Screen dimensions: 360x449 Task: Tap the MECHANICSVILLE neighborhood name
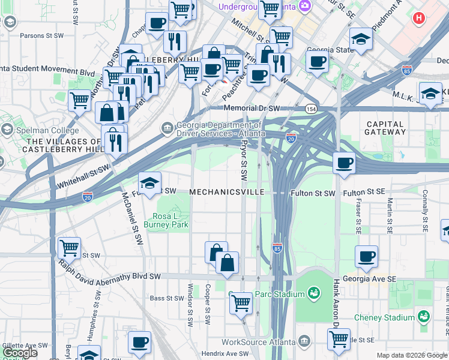226,193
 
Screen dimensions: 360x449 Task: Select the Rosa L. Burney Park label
171,220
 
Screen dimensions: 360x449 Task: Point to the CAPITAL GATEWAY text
385,127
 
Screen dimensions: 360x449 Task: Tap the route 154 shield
310,109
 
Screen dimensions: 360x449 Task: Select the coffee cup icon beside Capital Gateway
344,163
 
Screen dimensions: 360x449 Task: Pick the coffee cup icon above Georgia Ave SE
366,257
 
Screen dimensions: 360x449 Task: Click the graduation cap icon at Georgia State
361,39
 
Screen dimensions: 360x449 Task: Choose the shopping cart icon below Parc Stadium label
241,303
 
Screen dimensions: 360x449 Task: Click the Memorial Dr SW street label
252,108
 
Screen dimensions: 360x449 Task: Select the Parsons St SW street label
41,35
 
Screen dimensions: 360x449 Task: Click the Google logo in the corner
19,353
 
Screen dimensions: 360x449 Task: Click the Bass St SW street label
166,298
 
